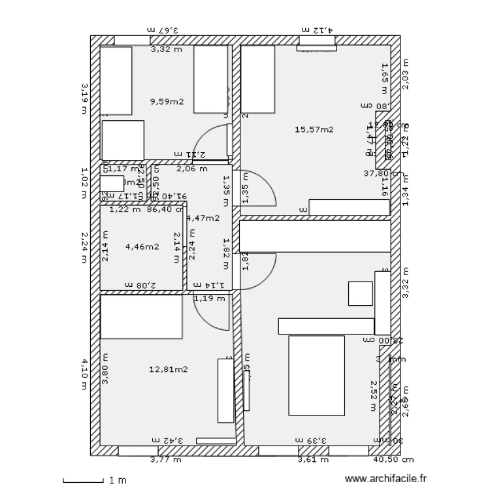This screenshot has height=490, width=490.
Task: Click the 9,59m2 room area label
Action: [167, 102]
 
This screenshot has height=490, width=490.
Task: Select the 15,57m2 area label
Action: [314, 129]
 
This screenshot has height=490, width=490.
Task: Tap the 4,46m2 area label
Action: [142, 246]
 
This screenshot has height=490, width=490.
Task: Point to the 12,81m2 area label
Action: [169, 369]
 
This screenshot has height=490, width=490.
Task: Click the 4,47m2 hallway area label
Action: [203, 218]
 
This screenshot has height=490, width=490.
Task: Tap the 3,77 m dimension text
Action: [166, 460]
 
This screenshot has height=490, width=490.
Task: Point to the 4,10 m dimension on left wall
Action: [84, 373]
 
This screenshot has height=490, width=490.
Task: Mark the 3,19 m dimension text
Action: [84, 98]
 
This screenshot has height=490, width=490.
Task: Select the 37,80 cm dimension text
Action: [384, 174]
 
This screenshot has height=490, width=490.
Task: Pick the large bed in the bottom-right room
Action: [316, 375]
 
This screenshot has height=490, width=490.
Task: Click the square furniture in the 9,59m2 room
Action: [122, 140]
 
